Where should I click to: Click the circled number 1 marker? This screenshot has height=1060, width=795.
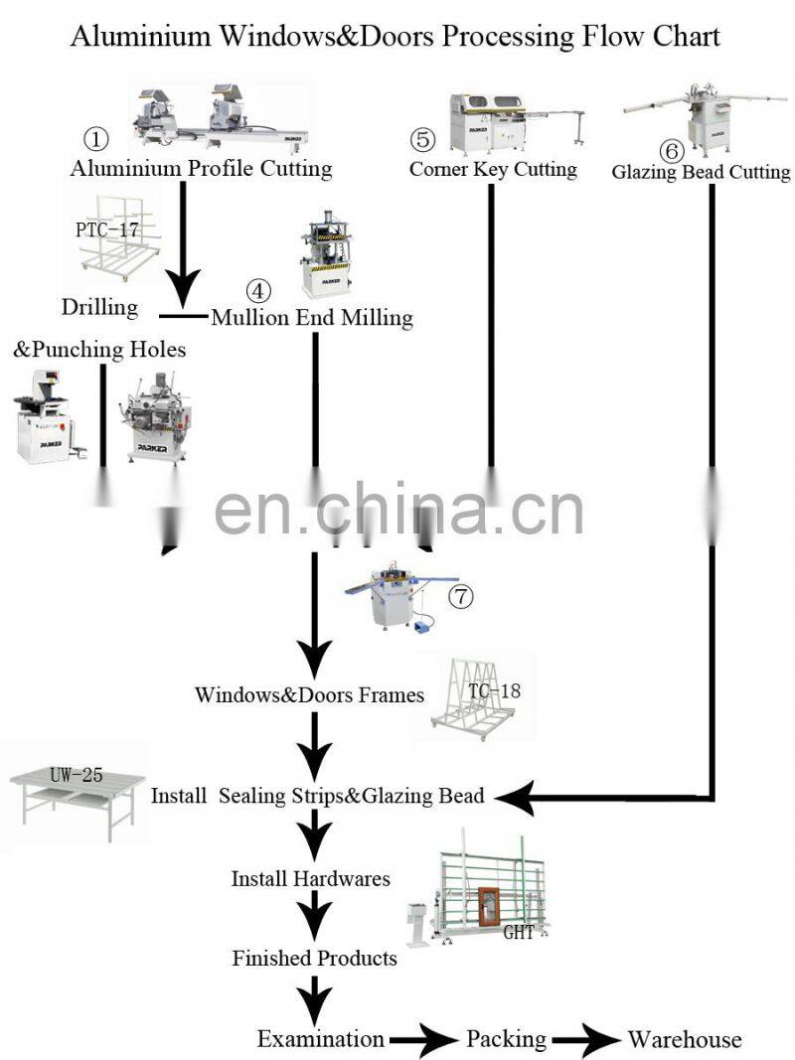tap(95, 138)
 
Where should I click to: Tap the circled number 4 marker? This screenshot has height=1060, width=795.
tap(257, 291)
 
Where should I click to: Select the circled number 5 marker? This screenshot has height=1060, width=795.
tap(422, 138)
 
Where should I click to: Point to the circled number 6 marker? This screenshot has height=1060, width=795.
tap(672, 151)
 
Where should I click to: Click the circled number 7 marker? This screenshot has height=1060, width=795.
tap(461, 596)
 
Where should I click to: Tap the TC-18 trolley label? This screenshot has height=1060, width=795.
tap(494, 689)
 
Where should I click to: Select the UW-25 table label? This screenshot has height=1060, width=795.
tap(76, 775)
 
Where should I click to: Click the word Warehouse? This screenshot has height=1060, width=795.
tap(685, 1039)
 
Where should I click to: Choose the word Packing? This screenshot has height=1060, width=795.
tap(507, 1039)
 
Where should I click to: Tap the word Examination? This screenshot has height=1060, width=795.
tap(320, 1039)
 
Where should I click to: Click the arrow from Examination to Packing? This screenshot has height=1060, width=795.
tap(424, 1040)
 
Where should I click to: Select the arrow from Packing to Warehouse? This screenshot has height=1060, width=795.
tap(586, 1040)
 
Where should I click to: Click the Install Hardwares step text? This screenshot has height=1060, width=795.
tap(310, 878)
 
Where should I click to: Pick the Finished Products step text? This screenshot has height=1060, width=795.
tap(314, 958)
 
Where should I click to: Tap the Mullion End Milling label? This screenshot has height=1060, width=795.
tap(311, 318)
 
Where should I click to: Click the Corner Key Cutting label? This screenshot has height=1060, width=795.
tap(493, 169)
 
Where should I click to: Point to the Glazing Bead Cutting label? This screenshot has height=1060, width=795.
tap(701, 172)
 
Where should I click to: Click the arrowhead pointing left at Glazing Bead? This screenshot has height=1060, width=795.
tap(515, 796)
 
